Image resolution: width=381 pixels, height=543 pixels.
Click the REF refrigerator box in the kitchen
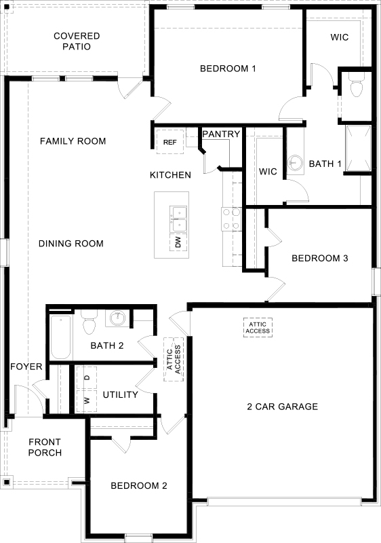tap(170, 141)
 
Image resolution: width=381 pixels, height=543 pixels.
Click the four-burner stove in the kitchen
tap(231, 219)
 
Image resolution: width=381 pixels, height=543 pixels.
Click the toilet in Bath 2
tap(88, 324)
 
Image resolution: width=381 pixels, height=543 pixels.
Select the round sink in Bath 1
tap(295, 163)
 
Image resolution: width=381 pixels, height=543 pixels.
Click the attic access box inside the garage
tap(258, 326)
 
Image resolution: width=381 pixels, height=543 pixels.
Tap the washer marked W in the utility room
tap(87, 400)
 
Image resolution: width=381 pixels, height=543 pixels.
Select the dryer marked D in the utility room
tap(87, 377)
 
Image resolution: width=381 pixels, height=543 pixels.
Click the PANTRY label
tap(221, 134)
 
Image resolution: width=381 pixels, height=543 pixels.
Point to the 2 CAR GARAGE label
tap(282, 407)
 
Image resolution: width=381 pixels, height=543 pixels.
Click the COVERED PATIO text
tap(77, 41)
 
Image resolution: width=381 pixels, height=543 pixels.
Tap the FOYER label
tap(26, 367)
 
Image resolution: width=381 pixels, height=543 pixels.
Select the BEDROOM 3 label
tap(320, 258)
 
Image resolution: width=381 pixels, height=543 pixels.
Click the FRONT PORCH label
tap(45, 447)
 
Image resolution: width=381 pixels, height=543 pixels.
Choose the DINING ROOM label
tap(71, 243)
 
